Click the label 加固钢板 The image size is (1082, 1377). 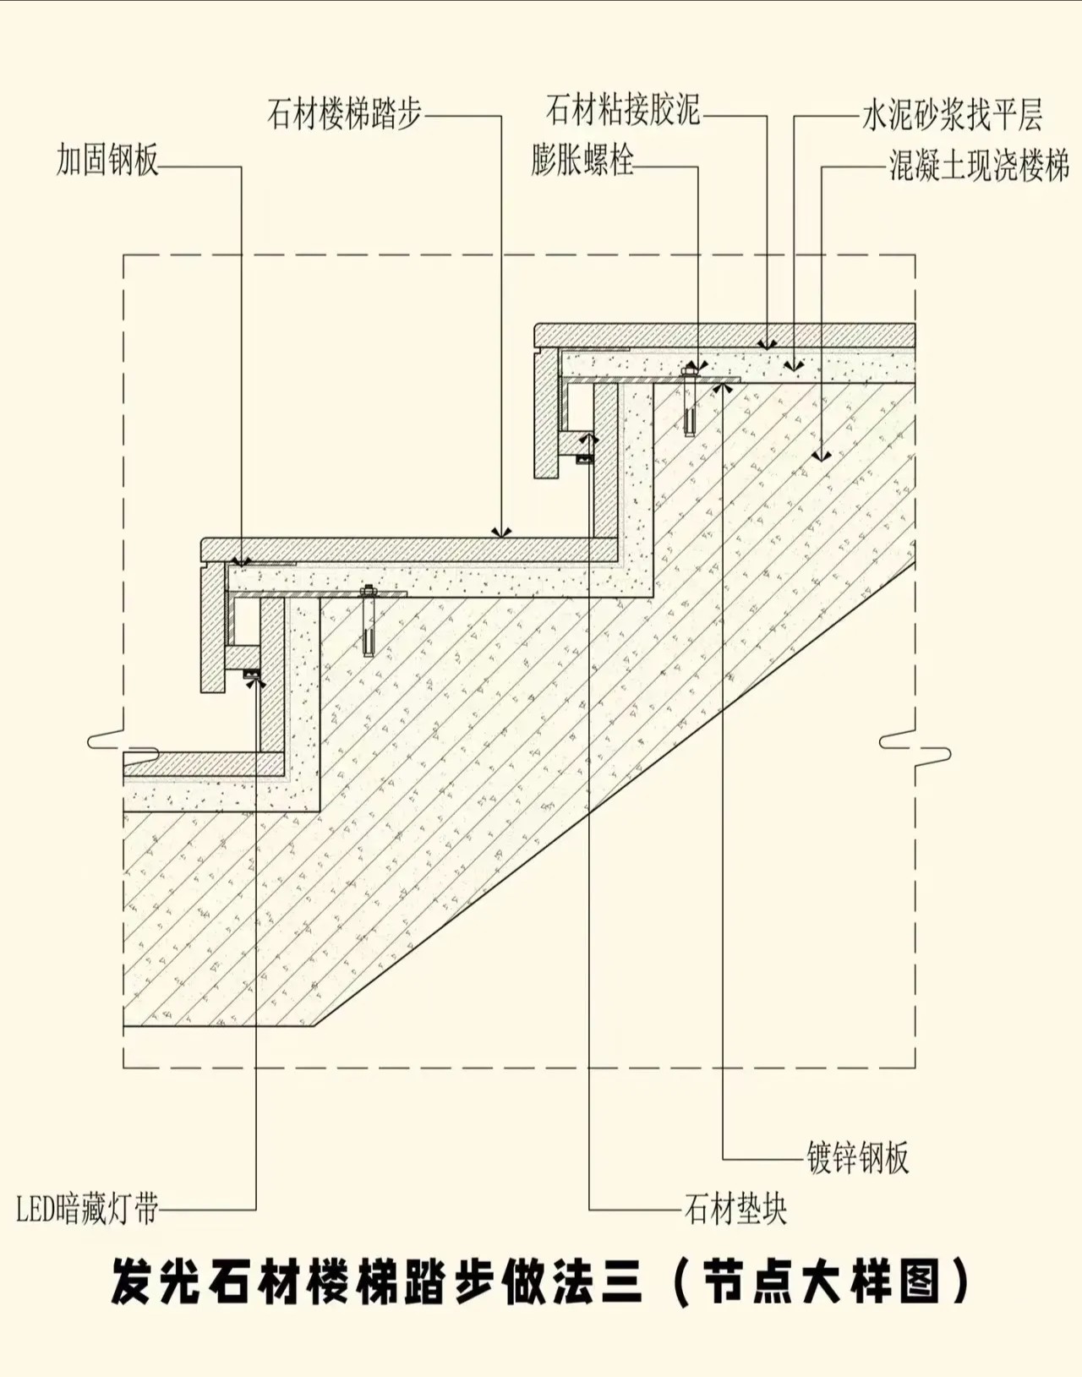click(107, 160)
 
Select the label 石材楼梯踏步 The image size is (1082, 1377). click(344, 113)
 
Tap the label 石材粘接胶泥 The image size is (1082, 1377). click(623, 110)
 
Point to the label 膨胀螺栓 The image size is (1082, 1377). click(582, 160)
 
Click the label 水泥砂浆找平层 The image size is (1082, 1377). click(952, 115)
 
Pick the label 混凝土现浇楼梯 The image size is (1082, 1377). click(979, 166)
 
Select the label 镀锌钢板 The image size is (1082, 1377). click(858, 1157)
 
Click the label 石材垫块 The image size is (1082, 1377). click(735, 1209)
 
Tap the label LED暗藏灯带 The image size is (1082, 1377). click(87, 1209)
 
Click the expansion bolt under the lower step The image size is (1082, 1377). click(368, 621)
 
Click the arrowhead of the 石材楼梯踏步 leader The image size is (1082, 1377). click(502, 533)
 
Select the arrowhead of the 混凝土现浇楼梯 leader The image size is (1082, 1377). click(821, 456)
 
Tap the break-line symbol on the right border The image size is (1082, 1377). click(915, 747)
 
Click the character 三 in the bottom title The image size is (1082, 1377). click(623, 1283)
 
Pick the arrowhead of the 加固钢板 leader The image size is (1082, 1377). click(242, 560)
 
